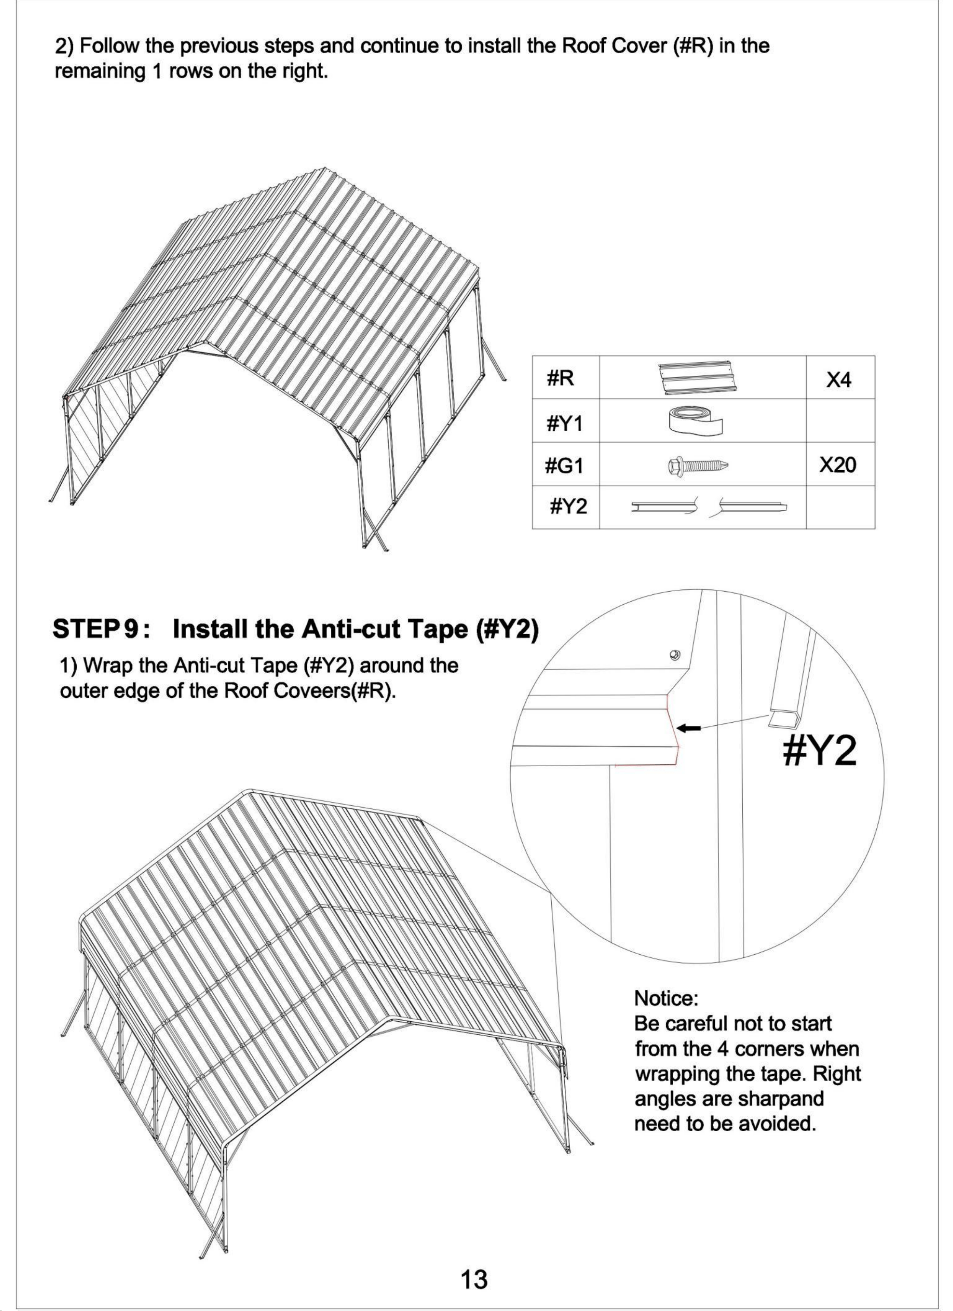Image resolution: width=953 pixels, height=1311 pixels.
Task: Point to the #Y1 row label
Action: (x=565, y=424)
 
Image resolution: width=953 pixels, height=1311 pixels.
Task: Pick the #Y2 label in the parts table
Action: (x=568, y=507)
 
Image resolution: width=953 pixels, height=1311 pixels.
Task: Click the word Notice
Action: (x=666, y=998)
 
